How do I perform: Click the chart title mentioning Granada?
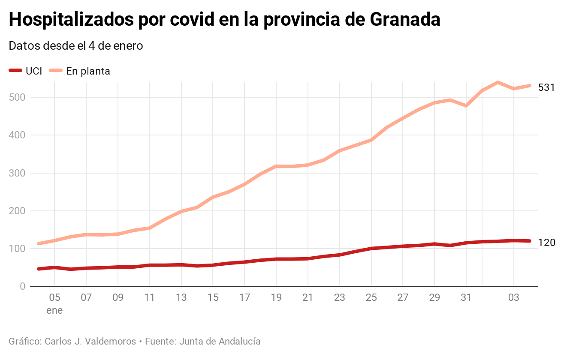click(224, 20)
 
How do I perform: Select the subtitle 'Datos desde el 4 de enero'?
click(76, 46)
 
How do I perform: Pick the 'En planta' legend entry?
click(80, 71)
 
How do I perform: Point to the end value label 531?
click(546, 87)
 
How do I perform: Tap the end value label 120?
click(546, 243)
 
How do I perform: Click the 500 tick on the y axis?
click(17, 97)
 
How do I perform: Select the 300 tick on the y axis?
click(17, 173)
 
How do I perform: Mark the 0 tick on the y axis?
click(22, 286)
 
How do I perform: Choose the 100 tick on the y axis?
click(17, 249)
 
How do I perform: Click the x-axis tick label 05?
click(54, 298)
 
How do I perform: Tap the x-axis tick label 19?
click(276, 298)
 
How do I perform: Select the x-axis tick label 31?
click(466, 298)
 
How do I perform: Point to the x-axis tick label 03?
click(514, 298)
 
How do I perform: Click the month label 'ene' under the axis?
click(54, 310)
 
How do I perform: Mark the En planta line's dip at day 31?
click(466, 105)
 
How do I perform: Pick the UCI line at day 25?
click(371, 249)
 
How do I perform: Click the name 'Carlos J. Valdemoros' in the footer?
click(90, 342)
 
